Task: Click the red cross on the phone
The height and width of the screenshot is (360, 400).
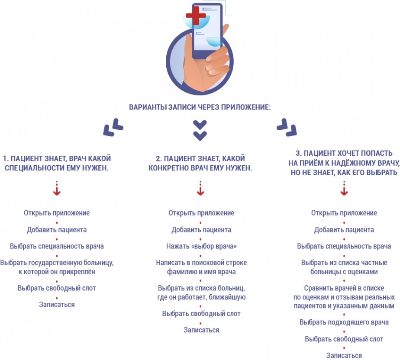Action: (x=196, y=16)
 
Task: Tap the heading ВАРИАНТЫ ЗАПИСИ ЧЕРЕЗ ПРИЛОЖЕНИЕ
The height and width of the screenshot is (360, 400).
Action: (x=200, y=107)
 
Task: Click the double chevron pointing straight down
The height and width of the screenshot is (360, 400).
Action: (x=200, y=130)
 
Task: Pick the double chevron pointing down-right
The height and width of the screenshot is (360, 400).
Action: (x=287, y=127)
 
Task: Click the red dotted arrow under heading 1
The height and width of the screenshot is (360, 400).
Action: (x=57, y=188)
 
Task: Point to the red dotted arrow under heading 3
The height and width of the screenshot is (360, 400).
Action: (x=344, y=188)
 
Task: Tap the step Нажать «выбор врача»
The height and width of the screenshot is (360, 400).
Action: (x=201, y=246)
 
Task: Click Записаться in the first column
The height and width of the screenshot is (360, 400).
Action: (x=57, y=305)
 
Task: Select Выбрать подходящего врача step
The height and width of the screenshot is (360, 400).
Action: (x=344, y=322)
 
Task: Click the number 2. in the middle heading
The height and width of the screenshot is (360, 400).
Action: (x=159, y=159)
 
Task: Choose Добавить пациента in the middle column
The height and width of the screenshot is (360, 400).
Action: (x=201, y=230)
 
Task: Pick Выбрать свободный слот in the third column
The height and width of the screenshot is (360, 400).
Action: (x=344, y=339)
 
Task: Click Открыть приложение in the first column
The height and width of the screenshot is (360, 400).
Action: (x=57, y=213)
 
